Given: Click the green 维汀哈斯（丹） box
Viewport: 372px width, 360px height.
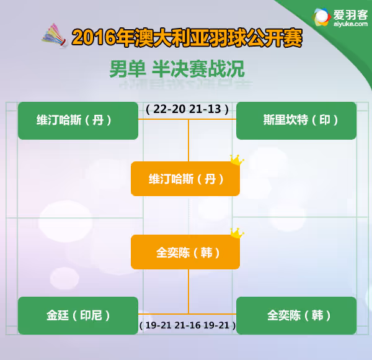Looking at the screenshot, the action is pyautogui.click(x=78, y=120).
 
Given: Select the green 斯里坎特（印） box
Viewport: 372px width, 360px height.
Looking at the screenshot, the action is pyautogui.click(x=296, y=120).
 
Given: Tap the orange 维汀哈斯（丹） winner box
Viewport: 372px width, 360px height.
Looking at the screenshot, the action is pyautogui.click(x=185, y=179).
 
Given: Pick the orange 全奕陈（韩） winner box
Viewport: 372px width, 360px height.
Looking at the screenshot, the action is pyautogui.click(x=185, y=252).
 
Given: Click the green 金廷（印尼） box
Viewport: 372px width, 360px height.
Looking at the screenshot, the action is pyautogui.click(x=78, y=315).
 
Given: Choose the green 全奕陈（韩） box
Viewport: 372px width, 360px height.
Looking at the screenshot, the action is pyautogui.click(x=296, y=315).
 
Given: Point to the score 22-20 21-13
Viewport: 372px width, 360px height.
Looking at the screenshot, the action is pyautogui.click(x=187, y=109).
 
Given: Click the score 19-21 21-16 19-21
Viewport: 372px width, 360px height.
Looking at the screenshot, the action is pyautogui.click(x=187, y=325).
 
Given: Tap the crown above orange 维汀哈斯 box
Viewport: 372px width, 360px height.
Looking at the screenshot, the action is pyautogui.click(x=237, y=160).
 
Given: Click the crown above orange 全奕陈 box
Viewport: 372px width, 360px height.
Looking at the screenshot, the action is pyautogui.click(x=237, y=233).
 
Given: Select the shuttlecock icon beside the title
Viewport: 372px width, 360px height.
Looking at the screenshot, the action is pyautogui.click(x=55, y=36).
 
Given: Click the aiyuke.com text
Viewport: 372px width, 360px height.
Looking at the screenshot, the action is pyautogui.click(x=350, y=24).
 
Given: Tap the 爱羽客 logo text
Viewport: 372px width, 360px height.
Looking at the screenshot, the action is pyautogui.click(x=350, y=15).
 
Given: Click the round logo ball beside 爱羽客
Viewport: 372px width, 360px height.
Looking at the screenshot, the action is pyautogui.click(x=321, y=17).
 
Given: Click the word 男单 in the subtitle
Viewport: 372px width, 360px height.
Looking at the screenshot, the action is pyautogui.click(x=127, y=69).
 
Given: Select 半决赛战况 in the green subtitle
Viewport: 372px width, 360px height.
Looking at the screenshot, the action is pyautogui.click(x=198, y=69).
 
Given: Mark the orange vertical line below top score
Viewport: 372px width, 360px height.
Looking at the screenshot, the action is pyautogui.click(x=188, y=140).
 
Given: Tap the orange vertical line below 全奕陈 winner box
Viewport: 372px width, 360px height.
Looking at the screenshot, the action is pyautogui.click(x=188, y=292).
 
